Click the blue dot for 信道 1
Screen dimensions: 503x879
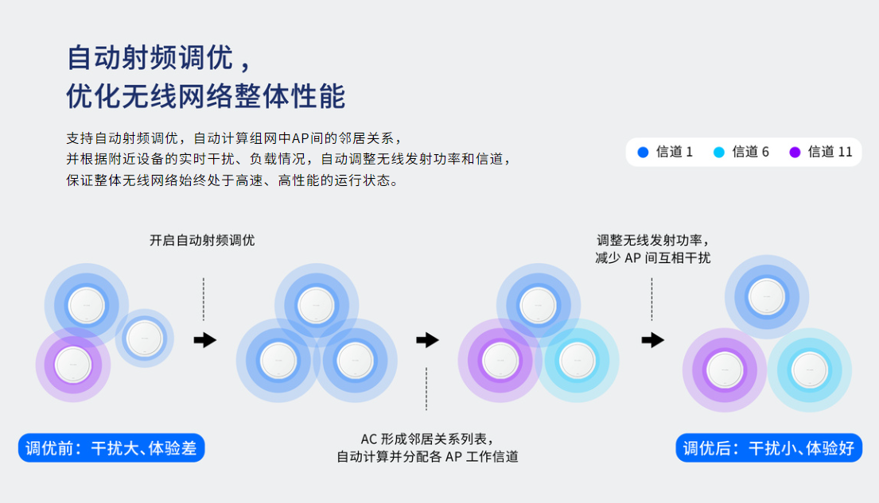coord(643,152)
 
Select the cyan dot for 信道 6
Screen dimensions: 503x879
coord(719,152)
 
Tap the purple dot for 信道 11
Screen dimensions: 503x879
coord(795,152)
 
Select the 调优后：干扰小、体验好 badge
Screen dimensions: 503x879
coord(768,448)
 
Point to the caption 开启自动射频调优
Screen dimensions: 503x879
coord(202,240)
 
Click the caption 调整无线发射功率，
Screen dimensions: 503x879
coord(652,240)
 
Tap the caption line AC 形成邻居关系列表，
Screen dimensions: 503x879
coord(427,439)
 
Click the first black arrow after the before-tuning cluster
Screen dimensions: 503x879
coord(204,340)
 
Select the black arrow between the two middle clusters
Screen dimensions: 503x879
coord(427,340)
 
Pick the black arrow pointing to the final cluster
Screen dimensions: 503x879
coord(652,340)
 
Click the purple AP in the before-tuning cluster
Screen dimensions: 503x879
coord(73,366)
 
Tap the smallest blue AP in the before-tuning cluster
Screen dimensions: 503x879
coord(144,338)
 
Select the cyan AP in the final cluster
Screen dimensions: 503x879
coord(809,370)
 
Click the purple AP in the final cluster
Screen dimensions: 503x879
coord(725,370)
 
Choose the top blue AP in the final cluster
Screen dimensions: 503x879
coord(767,296)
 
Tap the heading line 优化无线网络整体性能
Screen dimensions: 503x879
coord(205,96)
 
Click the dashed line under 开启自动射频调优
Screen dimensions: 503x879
coord(204,299)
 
